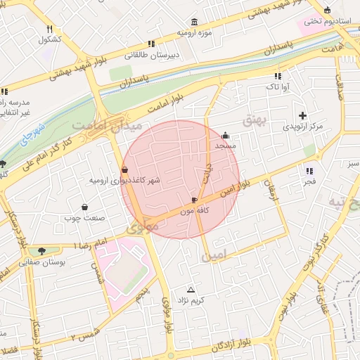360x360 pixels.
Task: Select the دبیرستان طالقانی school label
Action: [153, 55]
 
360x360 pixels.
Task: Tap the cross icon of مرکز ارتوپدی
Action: [302, 115]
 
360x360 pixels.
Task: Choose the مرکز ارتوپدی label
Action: [302, 127]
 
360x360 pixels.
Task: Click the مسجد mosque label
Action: [225, 146]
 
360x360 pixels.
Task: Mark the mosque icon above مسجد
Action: [225, 136]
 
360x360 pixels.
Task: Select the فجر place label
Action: [310, 182]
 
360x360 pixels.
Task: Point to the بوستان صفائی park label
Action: [44, 262]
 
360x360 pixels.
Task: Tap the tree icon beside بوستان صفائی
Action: [44, 251]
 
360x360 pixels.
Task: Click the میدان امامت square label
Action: [107, 124]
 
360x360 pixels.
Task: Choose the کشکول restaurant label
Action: [50, 39]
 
